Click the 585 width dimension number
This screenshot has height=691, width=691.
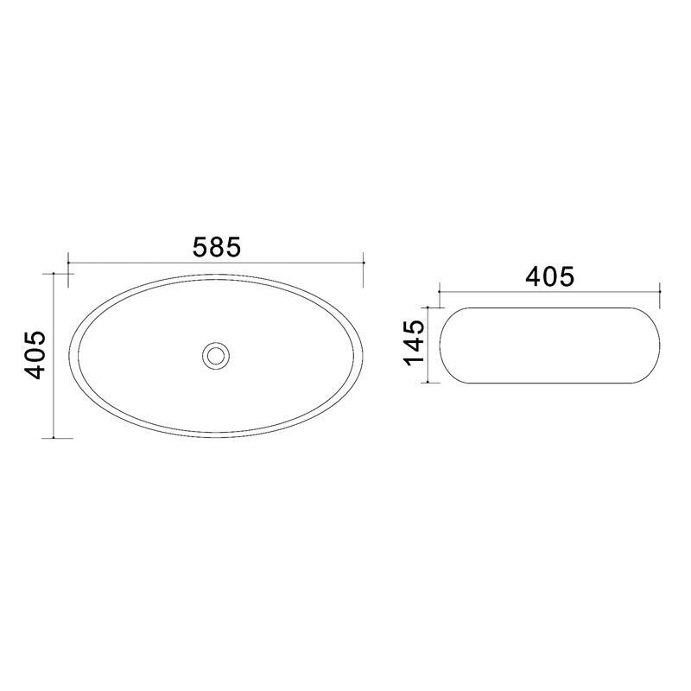[x=215, y=246]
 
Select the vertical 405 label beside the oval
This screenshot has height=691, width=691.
[x=35, y=354]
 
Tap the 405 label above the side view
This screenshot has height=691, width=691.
[x=549, y=276]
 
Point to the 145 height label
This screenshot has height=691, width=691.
[x=414, y=343]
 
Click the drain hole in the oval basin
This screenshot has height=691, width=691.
[x=215, y=354]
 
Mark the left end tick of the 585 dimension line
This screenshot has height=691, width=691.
[x=68, y=262]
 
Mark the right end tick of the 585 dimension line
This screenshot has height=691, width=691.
[x=364, y=262]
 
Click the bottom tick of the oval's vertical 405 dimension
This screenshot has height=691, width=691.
[x=54, y=437]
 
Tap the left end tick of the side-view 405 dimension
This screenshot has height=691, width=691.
[x=439, y=292]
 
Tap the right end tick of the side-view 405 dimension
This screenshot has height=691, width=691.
[x=660, y=292]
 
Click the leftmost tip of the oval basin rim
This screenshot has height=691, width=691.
[x=70, y=355]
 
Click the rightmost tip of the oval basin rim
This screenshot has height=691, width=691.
[x=363, y=355]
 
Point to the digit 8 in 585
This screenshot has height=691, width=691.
[x=215, y=246]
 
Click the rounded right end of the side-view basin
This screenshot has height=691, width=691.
[x=659, y=344]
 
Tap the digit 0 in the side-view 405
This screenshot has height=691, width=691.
[x=549, y=276]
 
